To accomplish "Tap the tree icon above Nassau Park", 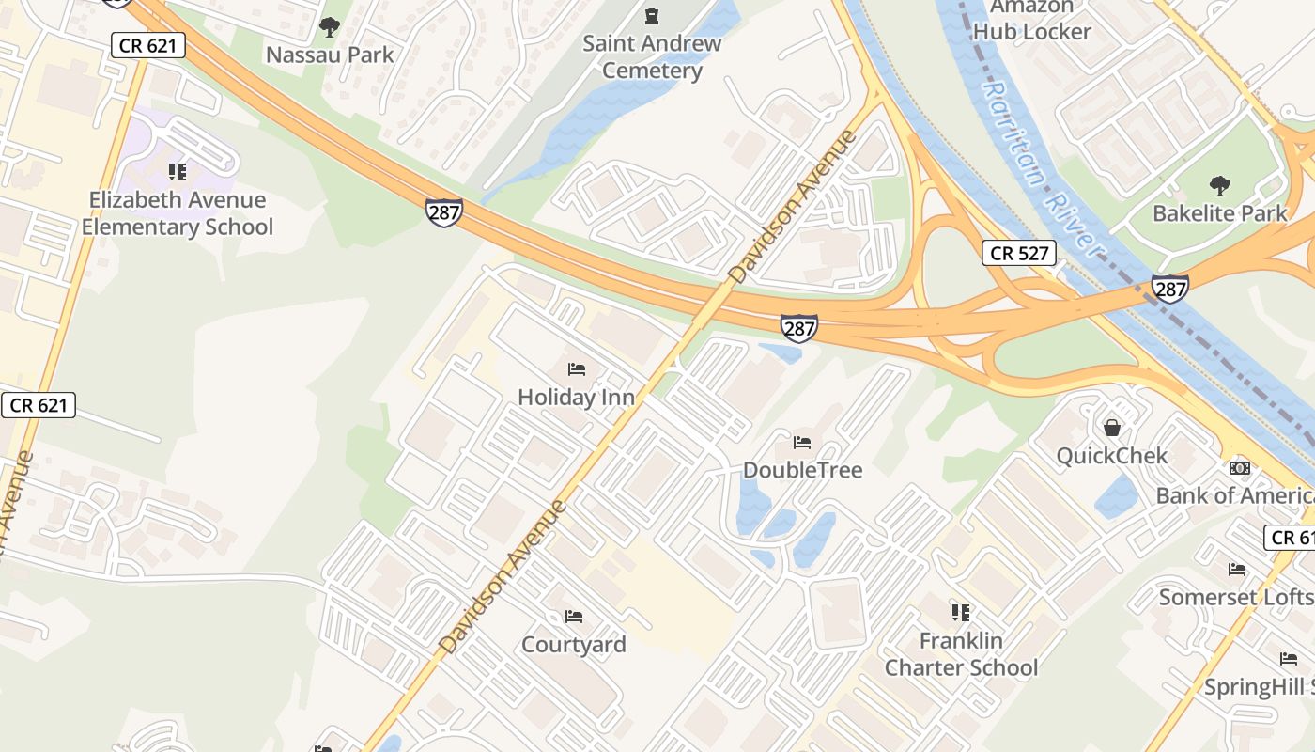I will point(329,26).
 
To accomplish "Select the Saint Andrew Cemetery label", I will point(652,56).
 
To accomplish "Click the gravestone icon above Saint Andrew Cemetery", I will point(652,16).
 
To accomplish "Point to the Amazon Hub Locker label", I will point(1031,19).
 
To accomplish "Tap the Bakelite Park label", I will point(1219,213).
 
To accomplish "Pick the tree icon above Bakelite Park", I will point(1220,185).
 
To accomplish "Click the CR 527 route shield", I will point(1019,253).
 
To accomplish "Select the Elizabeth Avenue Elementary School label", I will point(178,213).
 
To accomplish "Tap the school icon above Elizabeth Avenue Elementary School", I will point(178,172).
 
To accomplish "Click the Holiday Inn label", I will point(577,398).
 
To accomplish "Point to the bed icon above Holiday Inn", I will point(577,369).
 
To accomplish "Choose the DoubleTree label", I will point(802,470).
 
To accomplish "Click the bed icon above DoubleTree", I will point(802,442).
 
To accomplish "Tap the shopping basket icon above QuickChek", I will point(1112,428).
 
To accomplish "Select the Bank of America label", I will point(1234,495).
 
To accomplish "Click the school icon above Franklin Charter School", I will point(961,613).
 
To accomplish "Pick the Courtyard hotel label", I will point(574,645).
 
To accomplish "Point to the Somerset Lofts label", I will point(1235,597).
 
